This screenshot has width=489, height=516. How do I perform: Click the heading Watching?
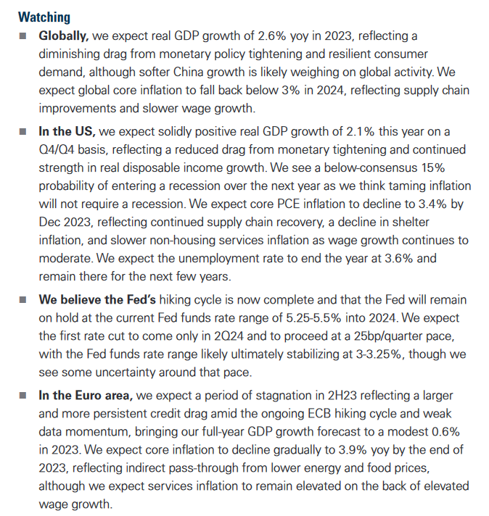pos(44,17)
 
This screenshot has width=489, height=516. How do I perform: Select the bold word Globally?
pos(64,36)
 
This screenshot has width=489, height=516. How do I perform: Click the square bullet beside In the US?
pos(22,132)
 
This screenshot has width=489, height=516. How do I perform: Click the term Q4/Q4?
pos(57,149)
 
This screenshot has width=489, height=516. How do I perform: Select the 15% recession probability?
pos(433,167)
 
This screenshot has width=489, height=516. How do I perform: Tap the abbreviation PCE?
pos(288,204)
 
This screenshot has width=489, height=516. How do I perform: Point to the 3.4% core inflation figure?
pos(432,204)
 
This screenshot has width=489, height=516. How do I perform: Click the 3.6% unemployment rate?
pos(399,258)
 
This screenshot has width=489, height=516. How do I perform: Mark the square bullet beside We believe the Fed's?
pos(22,300)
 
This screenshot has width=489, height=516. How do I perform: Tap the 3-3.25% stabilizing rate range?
pos(379,354)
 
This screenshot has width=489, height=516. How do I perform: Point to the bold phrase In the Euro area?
pos(86,395)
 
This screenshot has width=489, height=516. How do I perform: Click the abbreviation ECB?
pos(319,413)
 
